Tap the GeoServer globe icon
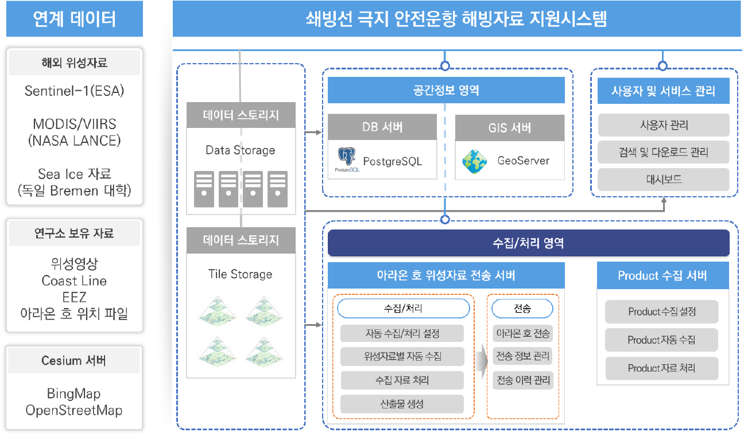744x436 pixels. pos(475,161)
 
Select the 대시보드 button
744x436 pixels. pos(663,180)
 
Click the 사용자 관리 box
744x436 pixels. pos(663,125)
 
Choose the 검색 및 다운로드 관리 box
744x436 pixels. pos(663,153)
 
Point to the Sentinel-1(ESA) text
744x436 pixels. pos(75,91)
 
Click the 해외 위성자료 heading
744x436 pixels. pos(75,63)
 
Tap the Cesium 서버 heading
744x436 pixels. pos(74,361)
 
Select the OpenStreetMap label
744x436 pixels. pos(74,410)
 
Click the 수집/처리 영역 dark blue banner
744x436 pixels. pos(528,243)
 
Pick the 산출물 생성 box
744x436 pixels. pos(401,404)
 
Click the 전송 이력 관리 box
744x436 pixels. pos(522,380)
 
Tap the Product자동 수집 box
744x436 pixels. pos(661,340)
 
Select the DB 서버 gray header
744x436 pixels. pos(382,127)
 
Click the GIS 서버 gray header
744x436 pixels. pos(509,127)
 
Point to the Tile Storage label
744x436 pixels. pos(241,274)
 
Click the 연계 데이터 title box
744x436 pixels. pos(75,19)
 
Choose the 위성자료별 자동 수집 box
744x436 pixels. pos(402,356)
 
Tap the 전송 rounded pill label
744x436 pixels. pos(522,309)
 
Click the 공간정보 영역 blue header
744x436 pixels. pos(446,90)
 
